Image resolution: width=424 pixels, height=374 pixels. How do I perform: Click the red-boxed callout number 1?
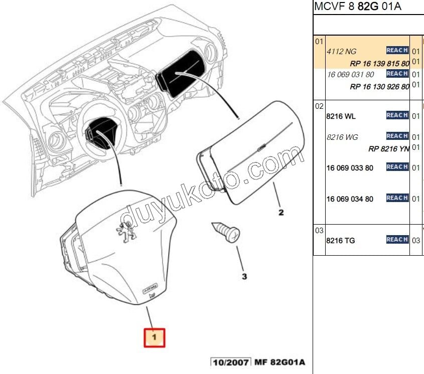(155, 337)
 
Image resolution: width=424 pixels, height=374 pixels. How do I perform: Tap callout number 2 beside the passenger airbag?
(281, 213)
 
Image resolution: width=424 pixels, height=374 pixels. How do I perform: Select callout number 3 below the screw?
(244, 276)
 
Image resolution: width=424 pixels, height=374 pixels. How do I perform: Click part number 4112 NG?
(342, 51)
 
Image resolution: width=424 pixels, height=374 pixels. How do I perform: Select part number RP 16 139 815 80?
(379, 64)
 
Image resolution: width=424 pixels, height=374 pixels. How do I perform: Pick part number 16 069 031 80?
(350, 74)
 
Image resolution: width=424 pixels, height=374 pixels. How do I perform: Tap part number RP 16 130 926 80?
(379, 87)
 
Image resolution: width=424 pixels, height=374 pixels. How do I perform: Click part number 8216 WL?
(341, 116)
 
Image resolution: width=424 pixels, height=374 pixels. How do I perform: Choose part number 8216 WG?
(342, 137)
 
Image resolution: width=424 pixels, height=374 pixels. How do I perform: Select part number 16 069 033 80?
(350, 168)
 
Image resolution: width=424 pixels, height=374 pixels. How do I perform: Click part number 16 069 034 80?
(350, 199)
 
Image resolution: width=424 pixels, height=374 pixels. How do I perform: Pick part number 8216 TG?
(340, 241)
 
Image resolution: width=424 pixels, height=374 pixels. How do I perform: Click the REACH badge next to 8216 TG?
(397, 240)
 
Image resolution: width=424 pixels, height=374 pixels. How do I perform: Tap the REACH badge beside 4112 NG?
(397, 50)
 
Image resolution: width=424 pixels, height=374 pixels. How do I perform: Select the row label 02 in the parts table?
(319, 106)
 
